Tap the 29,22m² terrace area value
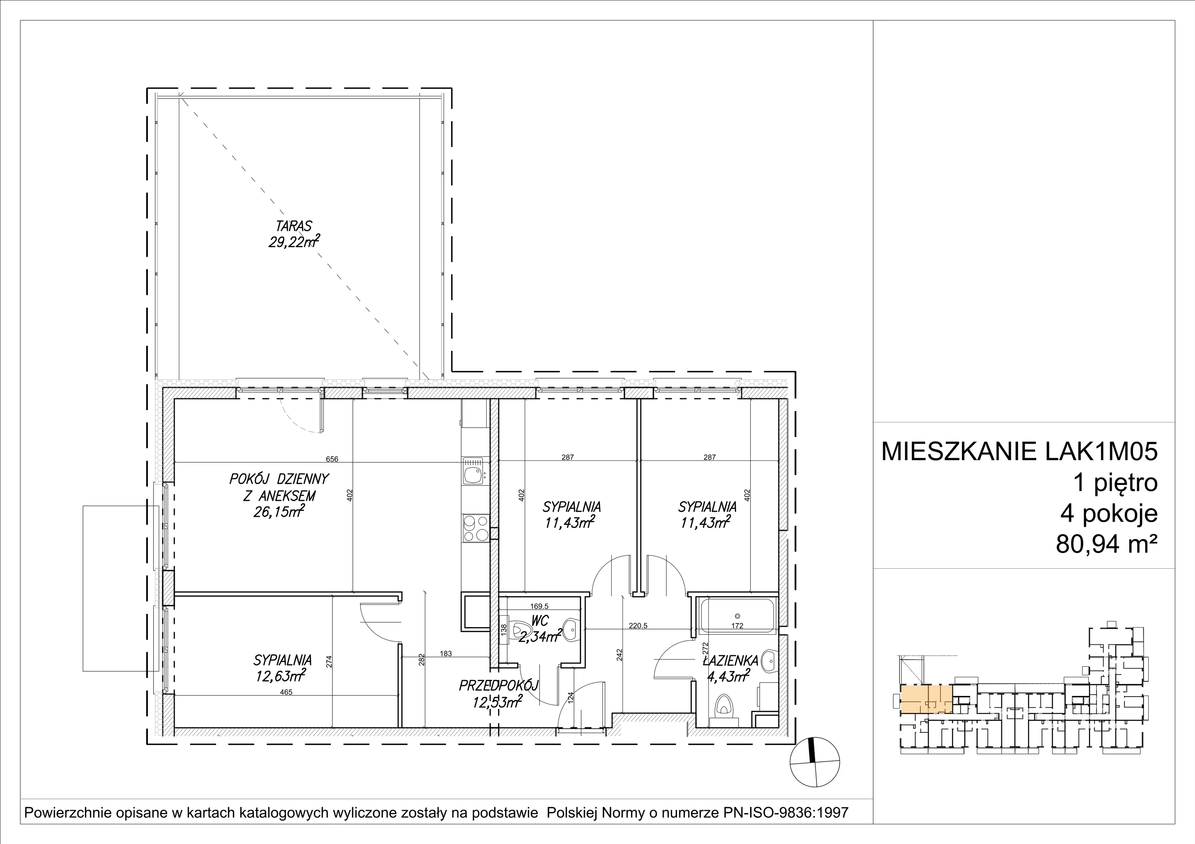(294, 242)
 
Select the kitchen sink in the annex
(475, 471)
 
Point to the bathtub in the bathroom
(737, 616)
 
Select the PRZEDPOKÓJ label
(498, 686)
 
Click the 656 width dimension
(332, 459)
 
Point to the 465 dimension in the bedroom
(286, 692)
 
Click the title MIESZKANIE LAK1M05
(1019, 451)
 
